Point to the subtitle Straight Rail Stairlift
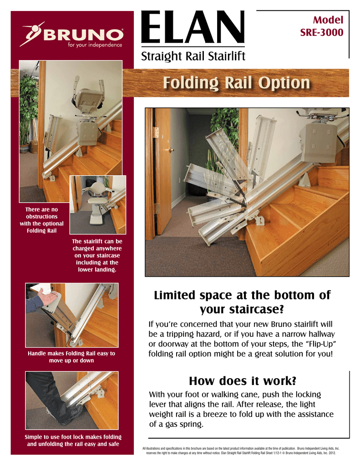click(x=194, y=56)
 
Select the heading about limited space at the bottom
click(x=242, y=302)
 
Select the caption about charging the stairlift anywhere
click(x=97, y=256)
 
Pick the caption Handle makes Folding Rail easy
click(x=71, y=357)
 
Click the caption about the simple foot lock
click(x=71, y=441)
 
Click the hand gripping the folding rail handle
click(x=47, y=297)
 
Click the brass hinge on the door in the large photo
click(x=156, y=132)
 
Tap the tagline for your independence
click(x=95, y=45)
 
